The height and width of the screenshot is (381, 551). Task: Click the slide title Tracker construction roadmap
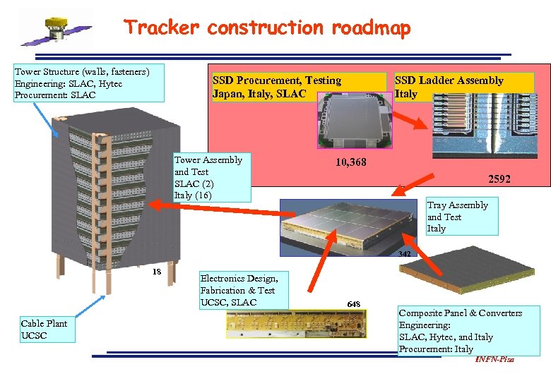[x=267, y=28]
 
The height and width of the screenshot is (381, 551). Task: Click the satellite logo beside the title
[x=55, y=30]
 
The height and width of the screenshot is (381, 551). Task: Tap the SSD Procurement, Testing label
[x=277, y=87]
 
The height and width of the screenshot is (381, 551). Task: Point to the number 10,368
[x=350, y=163]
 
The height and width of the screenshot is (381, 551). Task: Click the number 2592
[x=499, y=179]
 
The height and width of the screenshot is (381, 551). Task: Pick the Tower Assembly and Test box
[x=211, y=177]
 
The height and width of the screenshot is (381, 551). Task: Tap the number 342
[x=405, y=254]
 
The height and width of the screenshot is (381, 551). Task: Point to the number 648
[x=353, y=304]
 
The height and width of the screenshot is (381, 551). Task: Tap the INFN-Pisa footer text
[x=494, y=360]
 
